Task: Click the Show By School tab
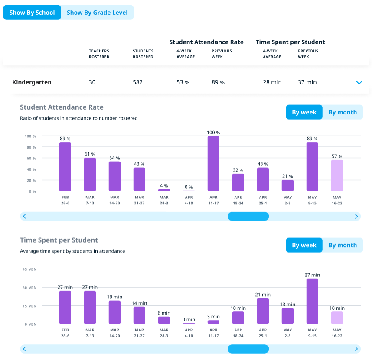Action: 32,13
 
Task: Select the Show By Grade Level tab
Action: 97,13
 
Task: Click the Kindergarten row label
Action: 32,82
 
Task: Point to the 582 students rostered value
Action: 137,82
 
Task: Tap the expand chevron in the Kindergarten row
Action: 359,82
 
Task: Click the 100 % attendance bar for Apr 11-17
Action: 213,164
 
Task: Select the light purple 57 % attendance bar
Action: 337,175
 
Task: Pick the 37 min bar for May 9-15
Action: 312,301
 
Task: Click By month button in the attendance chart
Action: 343,112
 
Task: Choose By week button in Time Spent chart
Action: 304,245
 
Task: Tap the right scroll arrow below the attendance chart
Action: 356,216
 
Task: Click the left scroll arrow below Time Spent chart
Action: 25,349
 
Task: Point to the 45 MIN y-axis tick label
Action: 29,269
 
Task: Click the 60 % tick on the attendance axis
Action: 30,159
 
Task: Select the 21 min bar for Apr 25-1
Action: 263,311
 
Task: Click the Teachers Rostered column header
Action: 99,54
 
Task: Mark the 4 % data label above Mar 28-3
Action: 164,186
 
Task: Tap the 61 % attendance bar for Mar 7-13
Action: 90,174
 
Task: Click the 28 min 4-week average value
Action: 272,82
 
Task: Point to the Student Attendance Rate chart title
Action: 62,107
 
